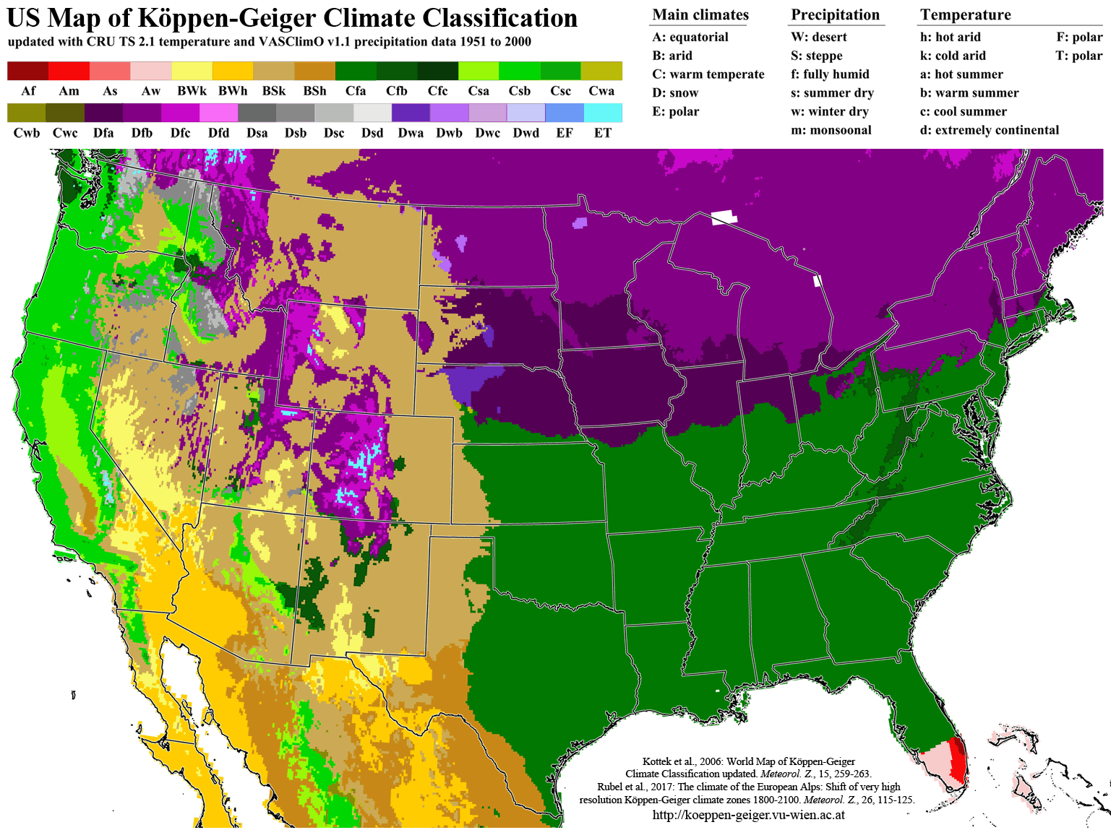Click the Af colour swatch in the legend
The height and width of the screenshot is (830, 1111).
[27, 71]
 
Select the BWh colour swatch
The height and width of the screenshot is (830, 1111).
[233, 71]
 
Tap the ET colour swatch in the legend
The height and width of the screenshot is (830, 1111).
[603, 113]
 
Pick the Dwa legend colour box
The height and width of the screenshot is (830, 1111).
[411, 113]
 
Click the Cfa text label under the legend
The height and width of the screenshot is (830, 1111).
[356, 91]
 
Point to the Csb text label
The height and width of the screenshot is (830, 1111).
[520, 91]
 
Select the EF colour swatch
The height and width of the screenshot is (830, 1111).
[565, 113]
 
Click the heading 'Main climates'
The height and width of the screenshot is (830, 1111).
[700, 15]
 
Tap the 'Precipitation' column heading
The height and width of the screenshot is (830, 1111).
[835, 15]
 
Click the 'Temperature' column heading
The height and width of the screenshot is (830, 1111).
[965, 15]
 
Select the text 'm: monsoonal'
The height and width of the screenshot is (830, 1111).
[831, 130]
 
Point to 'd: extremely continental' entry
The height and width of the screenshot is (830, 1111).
[989, 130]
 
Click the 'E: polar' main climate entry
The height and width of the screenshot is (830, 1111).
[676, 111]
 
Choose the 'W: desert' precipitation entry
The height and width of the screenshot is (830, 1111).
[819, 37]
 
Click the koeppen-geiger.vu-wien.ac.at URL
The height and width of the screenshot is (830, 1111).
[748, 815]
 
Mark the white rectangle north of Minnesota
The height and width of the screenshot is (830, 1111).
[724, 217]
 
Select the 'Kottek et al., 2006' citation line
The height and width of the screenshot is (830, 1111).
[748, 761]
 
